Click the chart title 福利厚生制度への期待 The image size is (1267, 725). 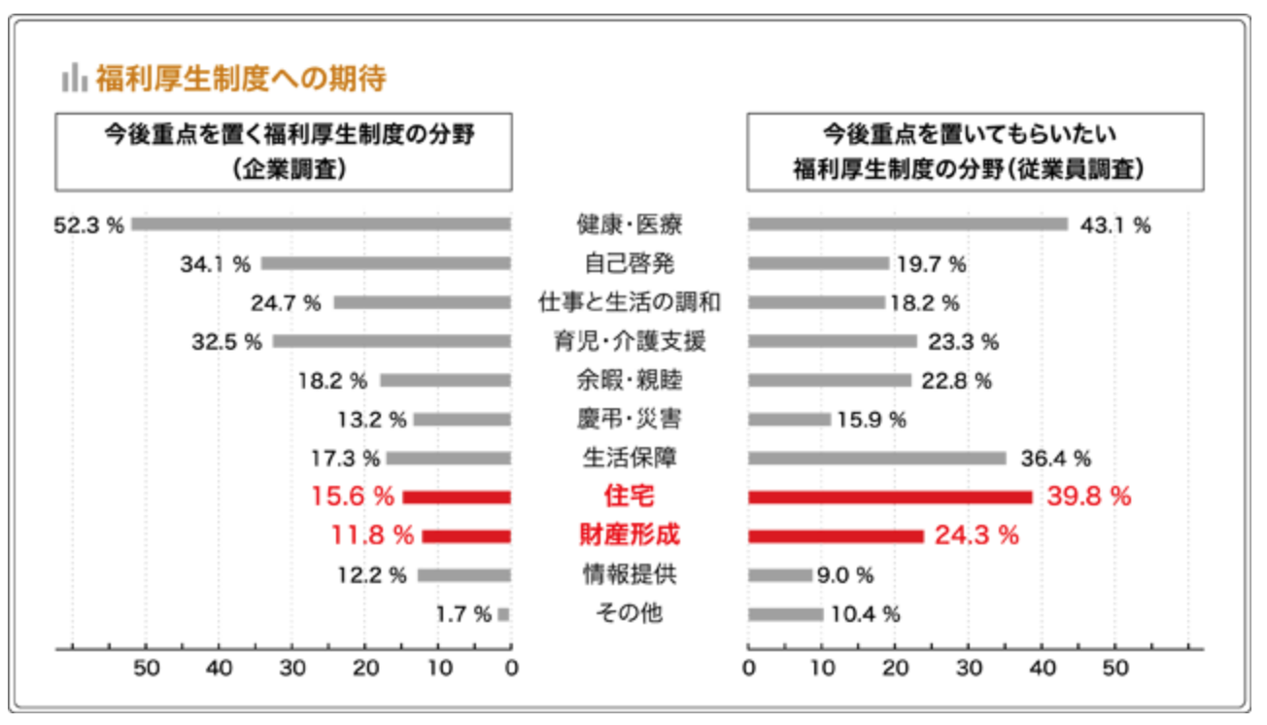pyautogui.click(x=241, y=78)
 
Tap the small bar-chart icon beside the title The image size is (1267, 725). pyautogui.click(x=73, y=78)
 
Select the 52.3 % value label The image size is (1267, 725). pyautogui.click(x=88, y=224)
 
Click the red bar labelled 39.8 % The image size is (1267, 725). pyautogui.click(x=890, y=497)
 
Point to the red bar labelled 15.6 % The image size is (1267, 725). pyautogui.click(x=457, y=497)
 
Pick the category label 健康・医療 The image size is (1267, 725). pyautogui.click(x=629, y=224)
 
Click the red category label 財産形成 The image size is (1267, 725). pyautogui.click(x=629, y=535)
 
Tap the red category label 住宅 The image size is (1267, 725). pyautogui.click(x=629, y=497)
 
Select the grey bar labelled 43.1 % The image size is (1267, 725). pyautogui.click(x=907, y=224)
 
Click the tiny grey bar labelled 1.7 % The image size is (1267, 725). pyautogui.click(x=504, y=613)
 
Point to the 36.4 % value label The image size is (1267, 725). pyautogui.click(x=1055, y=458)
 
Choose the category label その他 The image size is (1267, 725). pyautogui.click(x=629, y=613)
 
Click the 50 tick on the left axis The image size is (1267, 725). pyautogui.click(x=146, y=669)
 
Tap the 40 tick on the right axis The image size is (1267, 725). pyautogui.click(x=1042, y=669)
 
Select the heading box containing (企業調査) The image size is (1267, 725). pyautogui.click(x=285, y=152)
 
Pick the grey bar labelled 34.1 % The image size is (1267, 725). pyautogui.click(x=386, y=263)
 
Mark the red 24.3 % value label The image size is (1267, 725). pyautogui.click(x=976, y=535)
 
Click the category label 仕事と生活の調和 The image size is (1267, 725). pyautogui.click(x=629, y=302)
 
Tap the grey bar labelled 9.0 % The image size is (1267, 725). pyautogui.click(x=780, y=574)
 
